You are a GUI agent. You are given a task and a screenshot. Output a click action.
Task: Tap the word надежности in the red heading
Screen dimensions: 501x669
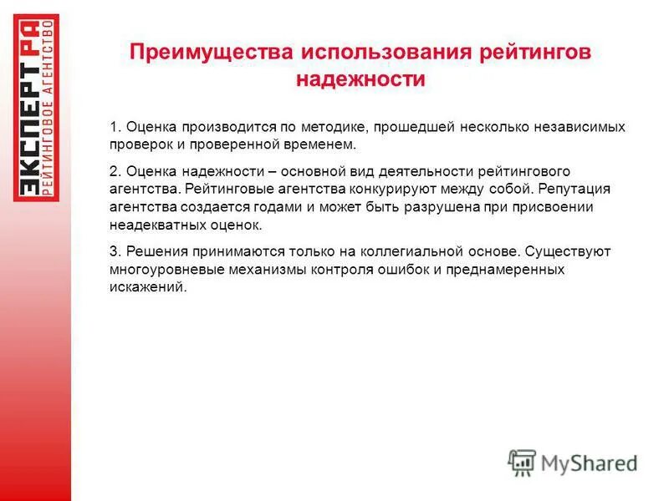pyautogui.click(x=361, y=79)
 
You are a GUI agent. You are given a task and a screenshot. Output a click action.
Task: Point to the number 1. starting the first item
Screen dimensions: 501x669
pyautogui.click(x=115, y=127)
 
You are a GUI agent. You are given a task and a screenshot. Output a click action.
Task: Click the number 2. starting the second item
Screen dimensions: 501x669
pyautogui.click(x=115, y=170)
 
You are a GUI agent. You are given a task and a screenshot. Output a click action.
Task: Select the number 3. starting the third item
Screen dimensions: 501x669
pyautogui.click(x=115, y=250)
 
